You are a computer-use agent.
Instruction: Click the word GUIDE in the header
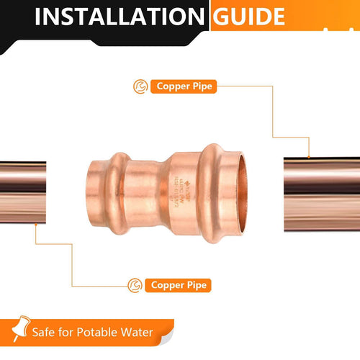tap(249, 17)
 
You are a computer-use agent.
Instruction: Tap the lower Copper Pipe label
tap(179, 285)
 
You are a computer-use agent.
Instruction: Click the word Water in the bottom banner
tap(136, 333)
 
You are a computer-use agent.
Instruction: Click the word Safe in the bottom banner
tap(42, 333)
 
